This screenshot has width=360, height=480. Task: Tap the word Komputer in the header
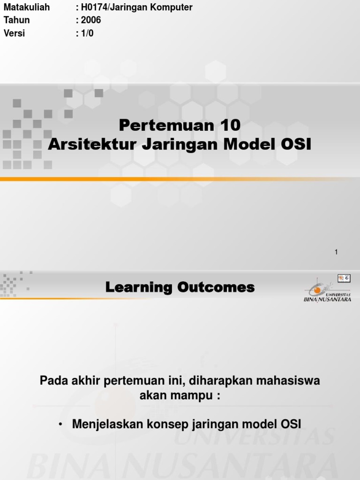pos(173,7)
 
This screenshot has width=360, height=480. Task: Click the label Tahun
pos(16,20)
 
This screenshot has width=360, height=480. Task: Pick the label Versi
pos(14,33)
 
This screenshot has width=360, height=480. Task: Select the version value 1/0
pos(87,33)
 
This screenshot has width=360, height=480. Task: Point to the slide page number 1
pos(336,252)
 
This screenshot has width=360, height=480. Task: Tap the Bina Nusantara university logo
pos(327,292)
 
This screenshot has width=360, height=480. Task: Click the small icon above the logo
pos(344,278)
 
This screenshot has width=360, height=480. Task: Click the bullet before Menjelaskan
pos(60,424)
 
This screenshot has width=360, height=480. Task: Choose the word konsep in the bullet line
pos(167,424)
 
